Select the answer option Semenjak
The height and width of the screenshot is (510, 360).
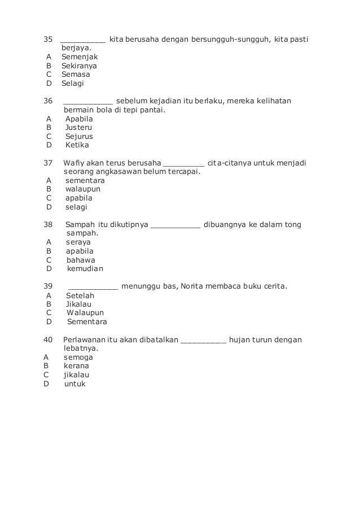(80, 57)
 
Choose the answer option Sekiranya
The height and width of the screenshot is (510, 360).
(80, 66)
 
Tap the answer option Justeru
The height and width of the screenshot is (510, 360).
(79, 128)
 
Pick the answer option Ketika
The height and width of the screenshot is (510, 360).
(77, 145)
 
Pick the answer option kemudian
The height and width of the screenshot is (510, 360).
(85, 269)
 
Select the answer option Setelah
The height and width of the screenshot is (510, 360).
(80, 295)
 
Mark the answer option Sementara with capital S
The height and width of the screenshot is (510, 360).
(87, 322)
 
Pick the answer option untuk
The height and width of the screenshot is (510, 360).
(75, 383)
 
